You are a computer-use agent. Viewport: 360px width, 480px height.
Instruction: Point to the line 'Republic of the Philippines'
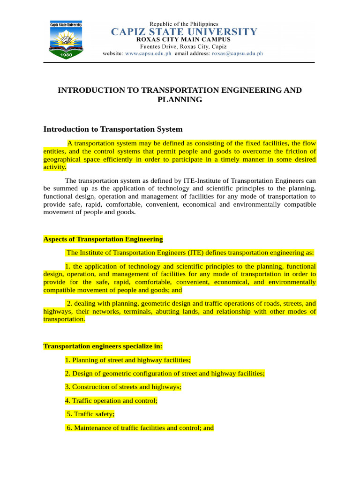(184, 23)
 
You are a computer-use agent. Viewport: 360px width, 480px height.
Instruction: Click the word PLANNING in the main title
(180, 99)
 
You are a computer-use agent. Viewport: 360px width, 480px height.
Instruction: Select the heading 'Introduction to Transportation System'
(113, 129)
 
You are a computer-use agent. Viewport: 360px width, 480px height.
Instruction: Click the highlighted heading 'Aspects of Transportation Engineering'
(103, 239)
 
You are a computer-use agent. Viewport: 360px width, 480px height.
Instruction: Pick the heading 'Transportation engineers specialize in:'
(103, 346)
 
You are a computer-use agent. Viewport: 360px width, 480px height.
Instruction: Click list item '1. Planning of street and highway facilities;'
(128, 360)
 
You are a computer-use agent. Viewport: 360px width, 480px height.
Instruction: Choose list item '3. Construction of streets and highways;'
(123, 387)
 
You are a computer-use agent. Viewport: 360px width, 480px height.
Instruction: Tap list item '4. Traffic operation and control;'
(112, 401)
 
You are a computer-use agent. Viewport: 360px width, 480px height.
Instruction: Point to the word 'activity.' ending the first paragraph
(55, 167)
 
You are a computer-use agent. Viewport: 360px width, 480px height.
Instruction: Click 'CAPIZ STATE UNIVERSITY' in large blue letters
(184, 32)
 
